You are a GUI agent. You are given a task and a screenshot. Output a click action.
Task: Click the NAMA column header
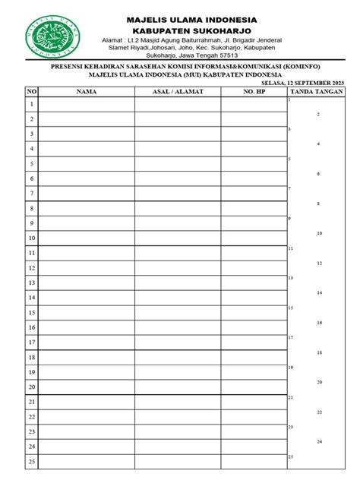pyautogui.click(x=87, y=92)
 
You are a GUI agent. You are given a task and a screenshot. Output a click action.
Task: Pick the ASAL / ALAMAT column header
pyautogui.click(x=178, y=92)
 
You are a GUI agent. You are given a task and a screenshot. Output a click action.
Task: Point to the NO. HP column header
pyautogui.click(x=254, y=92)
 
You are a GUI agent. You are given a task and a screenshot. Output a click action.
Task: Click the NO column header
pyautogui.click(x=32, y=92)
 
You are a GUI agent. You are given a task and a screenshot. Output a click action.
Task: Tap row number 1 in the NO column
pyautogui.click(x=32, y=105)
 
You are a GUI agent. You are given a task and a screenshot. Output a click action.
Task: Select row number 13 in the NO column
pyautogui.click(x=32, y=283)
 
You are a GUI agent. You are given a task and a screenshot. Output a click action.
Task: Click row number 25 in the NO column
pyautogui.click(x=32, y=461)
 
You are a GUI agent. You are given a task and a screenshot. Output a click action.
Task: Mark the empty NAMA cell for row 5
pyautogui.click(x=87, y=164)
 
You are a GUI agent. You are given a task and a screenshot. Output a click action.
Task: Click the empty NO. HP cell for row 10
pyautogui.click(x=254, y=238)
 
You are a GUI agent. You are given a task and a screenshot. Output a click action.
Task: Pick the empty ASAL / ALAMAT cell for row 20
pyautogui.click(x=178, y=387)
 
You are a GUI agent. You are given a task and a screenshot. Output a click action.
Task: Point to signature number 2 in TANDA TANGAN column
pyautogui.click(x=318, y=115)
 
